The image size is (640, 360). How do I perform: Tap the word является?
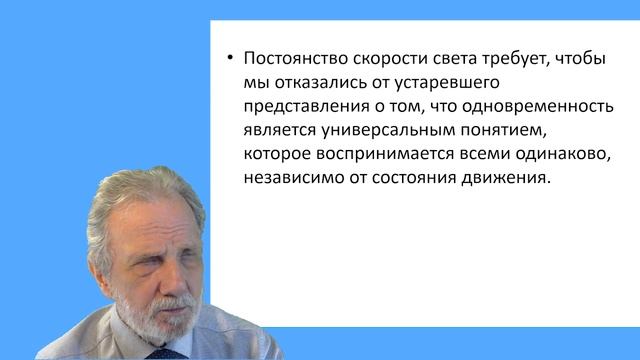tap(281, 130)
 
